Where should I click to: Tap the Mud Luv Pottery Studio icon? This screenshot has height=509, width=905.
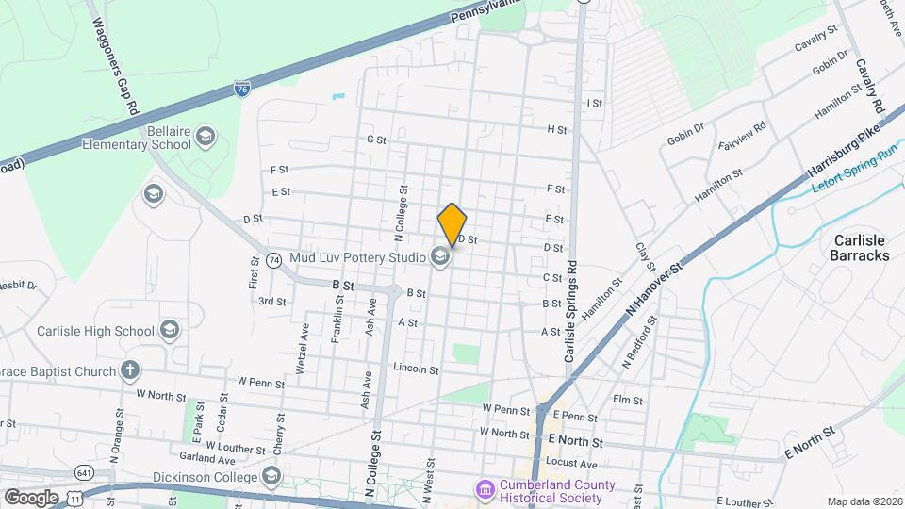pos(439,255)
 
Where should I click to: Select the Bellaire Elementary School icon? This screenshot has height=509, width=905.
pos(206,139)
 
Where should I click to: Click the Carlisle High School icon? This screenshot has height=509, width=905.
pos(169,330)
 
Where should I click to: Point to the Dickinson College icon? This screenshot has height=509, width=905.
pos(272,474)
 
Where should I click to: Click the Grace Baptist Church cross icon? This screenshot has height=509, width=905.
pos(130,371)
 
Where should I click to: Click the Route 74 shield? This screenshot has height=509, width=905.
pos(273,259)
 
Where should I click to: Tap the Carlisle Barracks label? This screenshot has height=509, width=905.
pos(860,247)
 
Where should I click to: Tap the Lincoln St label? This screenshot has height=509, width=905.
pos(416,369)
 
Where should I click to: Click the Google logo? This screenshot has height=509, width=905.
pos(32,497)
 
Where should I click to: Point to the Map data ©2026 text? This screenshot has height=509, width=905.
pos(864,501)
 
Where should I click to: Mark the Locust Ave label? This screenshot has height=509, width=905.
pos(574,464)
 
